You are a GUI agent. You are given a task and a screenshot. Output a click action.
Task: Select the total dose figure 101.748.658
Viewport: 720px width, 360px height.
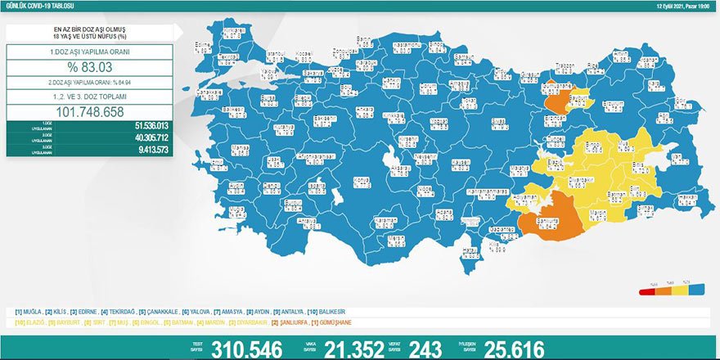pos(89,111)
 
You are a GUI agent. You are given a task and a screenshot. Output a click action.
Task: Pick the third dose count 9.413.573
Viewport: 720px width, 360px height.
pos(147,151)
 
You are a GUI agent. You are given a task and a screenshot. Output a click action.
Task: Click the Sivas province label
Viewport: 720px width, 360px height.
pos(497,123)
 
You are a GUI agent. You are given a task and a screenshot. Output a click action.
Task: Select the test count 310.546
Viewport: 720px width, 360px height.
pos(246,349)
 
